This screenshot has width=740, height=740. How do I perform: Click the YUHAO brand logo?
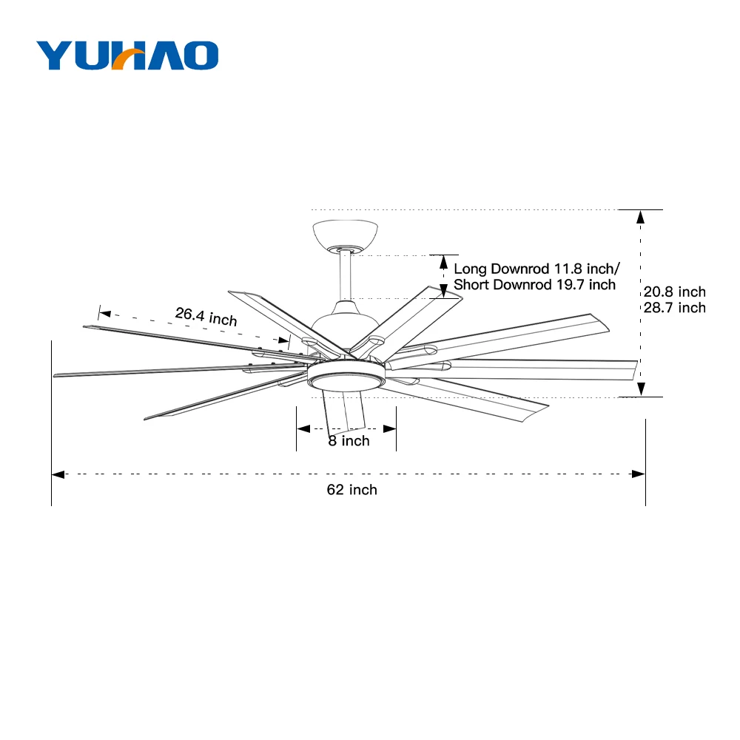click(127, 55)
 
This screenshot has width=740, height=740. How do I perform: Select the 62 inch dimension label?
click(352, 490)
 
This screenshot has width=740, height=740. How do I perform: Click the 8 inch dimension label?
click(349, 441)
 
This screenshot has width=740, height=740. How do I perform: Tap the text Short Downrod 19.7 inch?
click(534, 285)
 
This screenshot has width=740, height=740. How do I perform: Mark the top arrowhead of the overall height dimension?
click(641, 217)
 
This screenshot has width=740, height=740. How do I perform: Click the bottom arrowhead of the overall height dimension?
click(641, 389)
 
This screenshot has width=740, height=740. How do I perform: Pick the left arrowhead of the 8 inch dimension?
click(303, 428)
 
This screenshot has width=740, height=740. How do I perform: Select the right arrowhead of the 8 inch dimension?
click(389, 428)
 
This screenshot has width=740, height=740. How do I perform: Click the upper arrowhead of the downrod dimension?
click(443, 261)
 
